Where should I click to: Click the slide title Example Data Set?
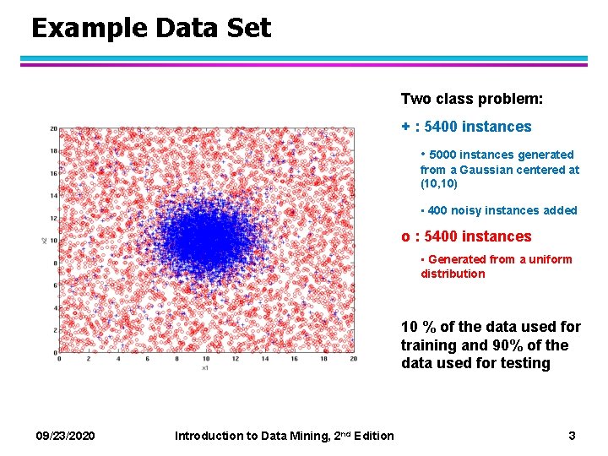(151, 28)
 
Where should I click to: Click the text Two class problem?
(471, 99)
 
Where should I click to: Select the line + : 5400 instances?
(466, 127)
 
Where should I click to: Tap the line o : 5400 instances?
(466, 236)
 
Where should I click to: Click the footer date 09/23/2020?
(66, 435)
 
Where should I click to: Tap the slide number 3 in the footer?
(572, 435)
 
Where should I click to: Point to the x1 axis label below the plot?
(205, 367)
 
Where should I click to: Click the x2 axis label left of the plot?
(44, 241)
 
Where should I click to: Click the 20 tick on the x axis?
(353, 359)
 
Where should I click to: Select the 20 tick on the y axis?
(52, 129)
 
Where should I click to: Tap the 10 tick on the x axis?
(205, 359)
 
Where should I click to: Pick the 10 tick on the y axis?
(52, 241)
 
